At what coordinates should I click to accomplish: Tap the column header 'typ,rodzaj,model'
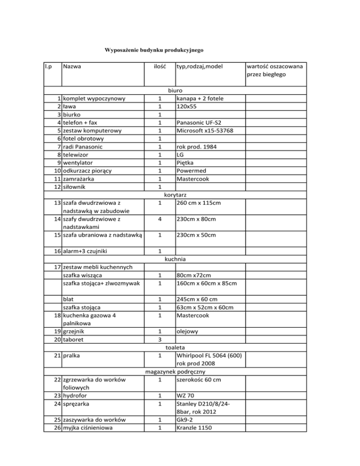coord(199,67)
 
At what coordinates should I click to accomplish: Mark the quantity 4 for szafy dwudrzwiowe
coord(160,218)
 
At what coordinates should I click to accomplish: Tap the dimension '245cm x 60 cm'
coord(201,299)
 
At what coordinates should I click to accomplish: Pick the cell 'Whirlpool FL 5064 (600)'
coord(209,356)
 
